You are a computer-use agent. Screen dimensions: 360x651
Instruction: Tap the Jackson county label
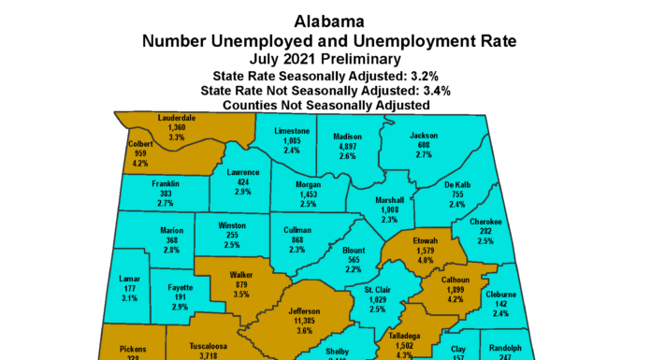pos(425,136)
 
